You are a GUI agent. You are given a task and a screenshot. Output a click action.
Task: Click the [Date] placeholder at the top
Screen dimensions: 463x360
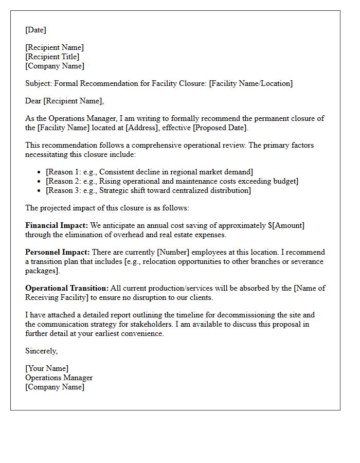35,30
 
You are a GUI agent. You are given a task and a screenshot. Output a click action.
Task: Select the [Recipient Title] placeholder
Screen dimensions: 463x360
52,57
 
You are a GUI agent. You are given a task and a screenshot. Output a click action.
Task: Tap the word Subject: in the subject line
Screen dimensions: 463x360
39,83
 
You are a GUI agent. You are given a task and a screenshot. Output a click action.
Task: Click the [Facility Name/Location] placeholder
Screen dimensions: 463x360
250,83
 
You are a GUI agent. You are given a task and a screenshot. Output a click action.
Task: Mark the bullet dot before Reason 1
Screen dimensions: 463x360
40,172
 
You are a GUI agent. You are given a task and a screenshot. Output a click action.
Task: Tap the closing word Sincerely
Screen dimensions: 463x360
41,351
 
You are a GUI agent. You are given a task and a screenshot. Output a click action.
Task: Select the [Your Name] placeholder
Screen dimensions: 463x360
47,368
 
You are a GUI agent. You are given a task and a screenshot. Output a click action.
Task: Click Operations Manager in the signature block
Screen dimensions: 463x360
59,378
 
